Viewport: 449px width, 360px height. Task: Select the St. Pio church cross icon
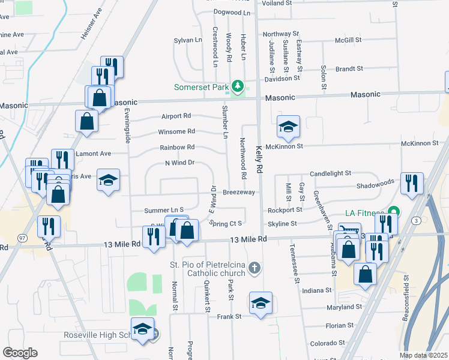[x=255, y=267]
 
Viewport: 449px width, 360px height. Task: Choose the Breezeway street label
[x=239, y=192]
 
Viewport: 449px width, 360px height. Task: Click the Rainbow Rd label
[x=177, y=147]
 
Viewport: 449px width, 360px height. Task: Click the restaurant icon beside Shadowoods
[x=412, y=183]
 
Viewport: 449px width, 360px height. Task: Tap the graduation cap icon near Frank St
[x=261, y=303]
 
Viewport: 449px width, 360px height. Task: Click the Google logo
[x=20, y=352]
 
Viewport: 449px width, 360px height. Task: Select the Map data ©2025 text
[x=423, y=355]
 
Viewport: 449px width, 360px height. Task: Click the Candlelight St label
[x=330, y=173]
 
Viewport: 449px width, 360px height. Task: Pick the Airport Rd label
[x=176, y=116]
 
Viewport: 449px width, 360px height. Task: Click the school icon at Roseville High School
[x=142, y=330]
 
